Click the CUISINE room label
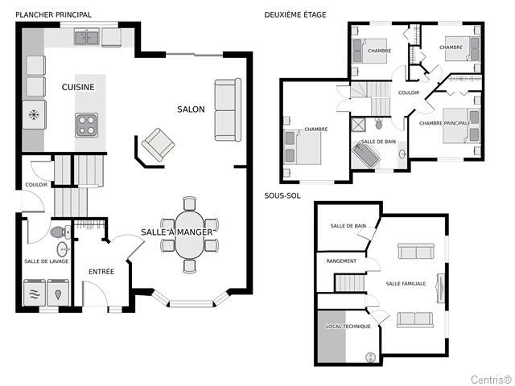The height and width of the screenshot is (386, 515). (78, 87)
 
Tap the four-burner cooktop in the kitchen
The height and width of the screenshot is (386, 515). (87, 125)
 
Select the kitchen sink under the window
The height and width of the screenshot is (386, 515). (87, 36)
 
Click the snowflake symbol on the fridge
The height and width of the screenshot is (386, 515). (34, 115)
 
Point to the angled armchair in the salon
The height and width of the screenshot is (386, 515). (158, 145)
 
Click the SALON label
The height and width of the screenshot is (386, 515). (191, 109)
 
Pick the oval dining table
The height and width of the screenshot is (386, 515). (190, 235)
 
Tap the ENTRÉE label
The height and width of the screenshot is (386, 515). (101, 272)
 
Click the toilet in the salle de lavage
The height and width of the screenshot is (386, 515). (60, 232)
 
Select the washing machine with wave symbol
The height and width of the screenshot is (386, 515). (35, 293)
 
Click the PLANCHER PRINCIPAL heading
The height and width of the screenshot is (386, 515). (54, 14)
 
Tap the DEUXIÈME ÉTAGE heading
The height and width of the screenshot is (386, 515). (295, 14)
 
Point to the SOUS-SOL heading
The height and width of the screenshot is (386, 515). (282, 195)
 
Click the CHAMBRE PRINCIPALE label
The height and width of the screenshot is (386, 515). (445, 123)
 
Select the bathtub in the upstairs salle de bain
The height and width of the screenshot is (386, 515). (366, 155)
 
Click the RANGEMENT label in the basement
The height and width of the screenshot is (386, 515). (341, 261)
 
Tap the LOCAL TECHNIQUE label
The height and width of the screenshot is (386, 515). (348, 326)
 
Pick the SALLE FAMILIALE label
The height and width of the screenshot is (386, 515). (406, 284)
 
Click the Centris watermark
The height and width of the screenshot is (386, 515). (491, 380)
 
